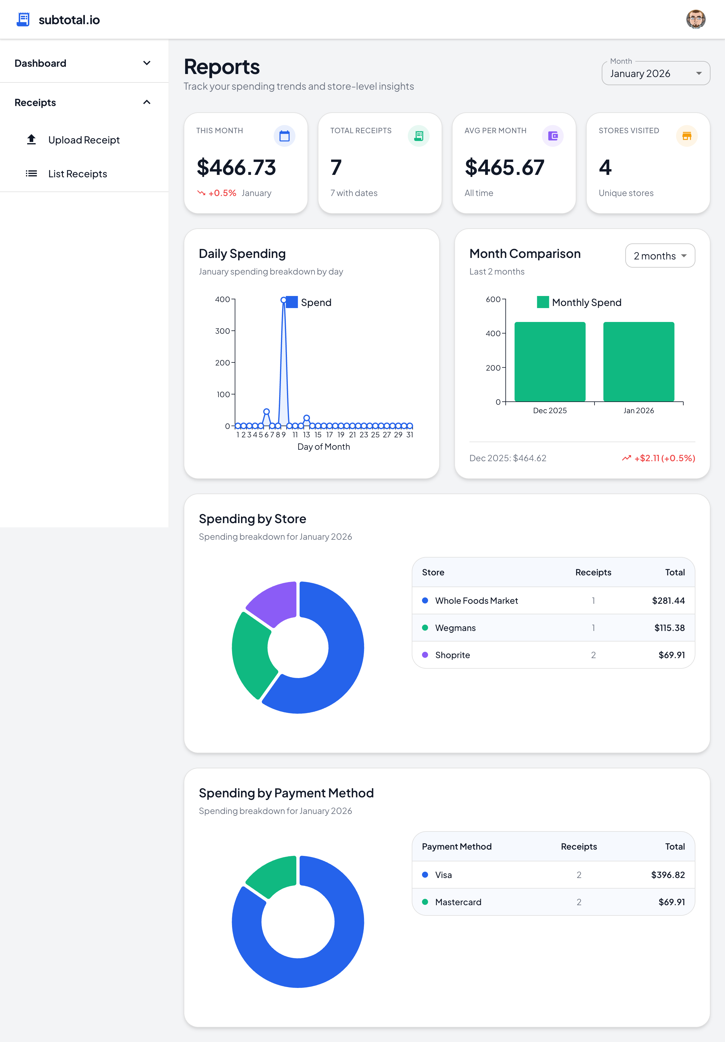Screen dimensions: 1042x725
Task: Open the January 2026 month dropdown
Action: click(655, 73)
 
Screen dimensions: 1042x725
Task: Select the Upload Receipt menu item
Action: click(84, 140)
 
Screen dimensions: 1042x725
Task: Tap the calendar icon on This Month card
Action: click(284, 136)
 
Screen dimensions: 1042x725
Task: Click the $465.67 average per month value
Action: click(504, 167)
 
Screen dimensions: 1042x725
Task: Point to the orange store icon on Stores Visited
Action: click(686, 136)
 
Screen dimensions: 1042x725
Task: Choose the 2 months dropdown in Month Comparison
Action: click(660, 256)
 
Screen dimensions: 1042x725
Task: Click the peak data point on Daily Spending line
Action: click(283, 300)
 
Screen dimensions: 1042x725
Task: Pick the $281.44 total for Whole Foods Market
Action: click(668, 600)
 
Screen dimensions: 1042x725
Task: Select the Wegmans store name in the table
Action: click(455, 628)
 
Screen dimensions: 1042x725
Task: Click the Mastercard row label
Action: click(458, 902)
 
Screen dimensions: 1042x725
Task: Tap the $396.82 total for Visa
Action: click(667, 875)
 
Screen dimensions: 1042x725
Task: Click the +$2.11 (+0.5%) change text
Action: click(664, 458)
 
